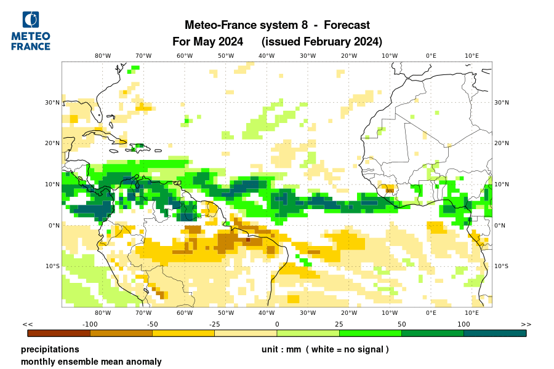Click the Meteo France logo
coord(31,31)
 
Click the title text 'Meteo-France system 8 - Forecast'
coord(277,25)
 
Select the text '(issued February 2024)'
coord(322,42)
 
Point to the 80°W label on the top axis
coord(103,56)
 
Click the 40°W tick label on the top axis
coord(267,56)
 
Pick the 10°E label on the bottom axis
coord(472,313)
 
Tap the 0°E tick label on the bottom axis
coord(431,313)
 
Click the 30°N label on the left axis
coord(52,103)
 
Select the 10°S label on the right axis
coord(502,266)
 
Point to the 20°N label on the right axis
coord(502,143)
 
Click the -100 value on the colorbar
coord(90,324)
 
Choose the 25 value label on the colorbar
coord(339,324)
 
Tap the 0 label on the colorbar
coord(277,324)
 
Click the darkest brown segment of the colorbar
coord(59,333)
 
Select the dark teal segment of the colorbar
coord(495,333)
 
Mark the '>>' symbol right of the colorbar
coord(526,324)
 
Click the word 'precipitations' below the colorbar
coord(50,349)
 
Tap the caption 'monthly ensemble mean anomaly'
coord(91,362)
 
